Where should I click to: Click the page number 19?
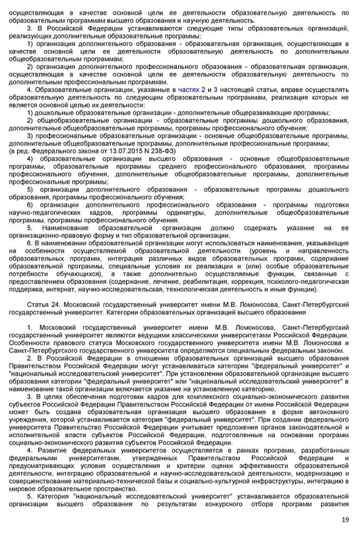pos(345,519)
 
